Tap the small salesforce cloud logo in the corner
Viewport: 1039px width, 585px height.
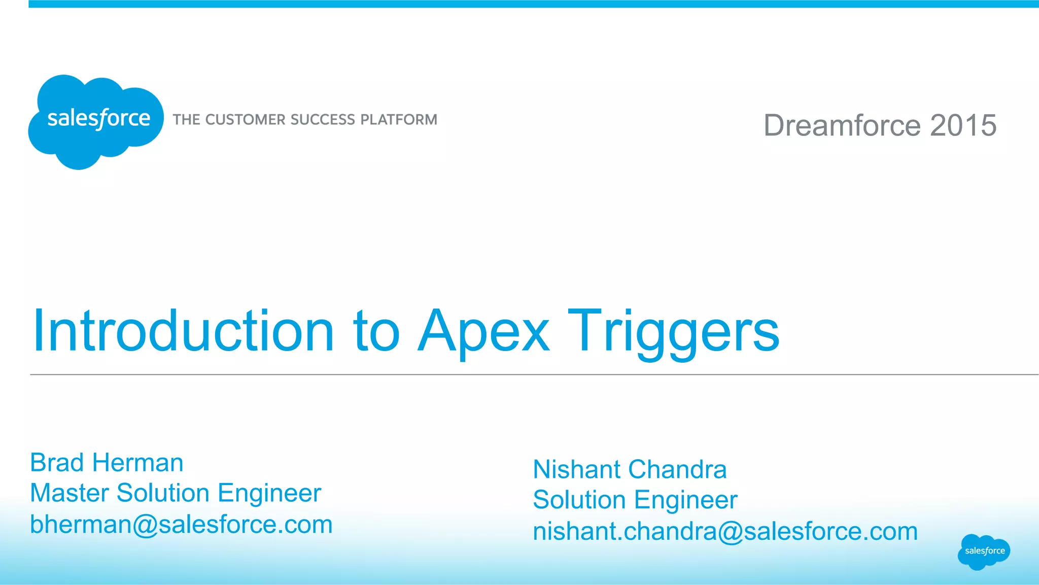984,551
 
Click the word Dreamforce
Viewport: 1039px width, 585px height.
842,125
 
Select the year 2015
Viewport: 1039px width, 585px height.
963,125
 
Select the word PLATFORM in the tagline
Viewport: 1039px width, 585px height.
399,120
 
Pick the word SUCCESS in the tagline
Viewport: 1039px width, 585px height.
323,120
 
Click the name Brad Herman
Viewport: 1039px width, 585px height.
107,463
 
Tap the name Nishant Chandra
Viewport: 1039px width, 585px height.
630,469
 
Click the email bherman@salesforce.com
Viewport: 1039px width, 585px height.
181,524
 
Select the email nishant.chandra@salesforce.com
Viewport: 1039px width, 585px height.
725,531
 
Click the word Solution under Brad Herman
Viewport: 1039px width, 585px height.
163,493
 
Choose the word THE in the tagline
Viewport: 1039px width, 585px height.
186,120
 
